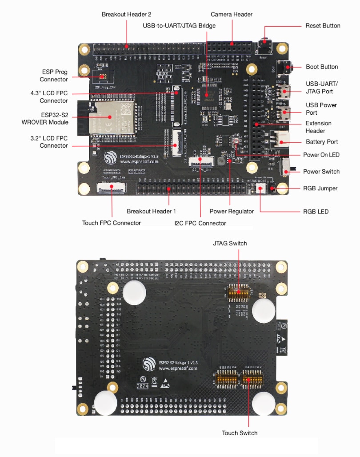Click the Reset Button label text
[323, 26]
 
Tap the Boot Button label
[322, 67]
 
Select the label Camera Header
[232, 15]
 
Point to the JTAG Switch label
[230, 243]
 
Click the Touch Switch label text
[240, 433]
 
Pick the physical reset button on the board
[265, 44]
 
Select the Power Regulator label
[232, 212]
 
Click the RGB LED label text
[316, 212]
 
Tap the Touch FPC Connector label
[112, 223]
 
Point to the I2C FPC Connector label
[200, 223]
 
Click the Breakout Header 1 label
[151, 212]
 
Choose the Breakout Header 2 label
[126, 15]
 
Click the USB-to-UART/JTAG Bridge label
[179, 26]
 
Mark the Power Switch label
[321, 172]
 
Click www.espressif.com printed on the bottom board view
[178, 369]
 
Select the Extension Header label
[318, 127]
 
